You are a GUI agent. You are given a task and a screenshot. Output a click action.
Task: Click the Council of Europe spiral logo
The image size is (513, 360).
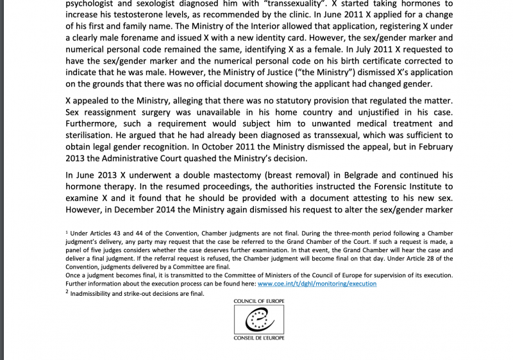coord(260,319)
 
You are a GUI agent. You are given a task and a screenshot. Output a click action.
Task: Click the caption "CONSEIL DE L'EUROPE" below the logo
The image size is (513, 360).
coord(260,338)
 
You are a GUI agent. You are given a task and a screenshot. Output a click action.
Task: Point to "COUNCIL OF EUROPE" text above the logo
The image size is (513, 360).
coord(260,300)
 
